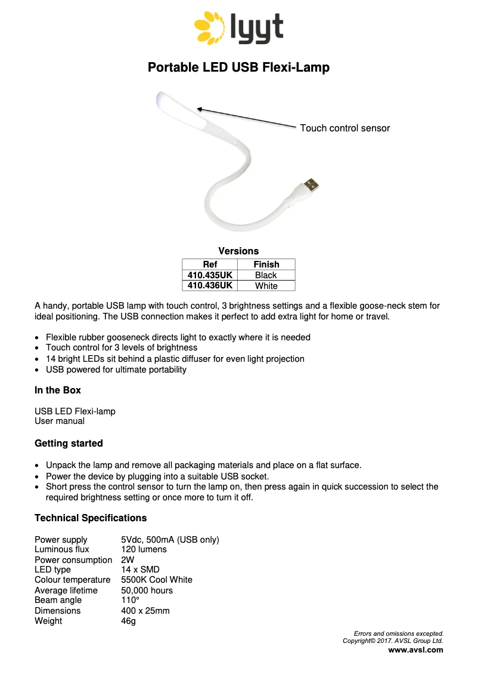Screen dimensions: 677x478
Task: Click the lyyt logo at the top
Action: tap(238, 29)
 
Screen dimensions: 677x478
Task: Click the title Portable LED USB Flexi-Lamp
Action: tap(238, 67)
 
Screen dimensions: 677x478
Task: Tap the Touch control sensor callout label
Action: tap(344, 128)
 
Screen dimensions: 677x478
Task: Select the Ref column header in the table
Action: tap(210, 264)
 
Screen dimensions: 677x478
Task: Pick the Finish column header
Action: tap(266, 264)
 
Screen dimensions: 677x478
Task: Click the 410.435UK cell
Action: tap(210, 275)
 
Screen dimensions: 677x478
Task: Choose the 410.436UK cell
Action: tap(210, 286)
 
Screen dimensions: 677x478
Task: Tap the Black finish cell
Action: tap(266, 275)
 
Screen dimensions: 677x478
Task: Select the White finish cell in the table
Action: tap(266, 286)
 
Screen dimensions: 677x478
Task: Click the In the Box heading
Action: tap(58, 390)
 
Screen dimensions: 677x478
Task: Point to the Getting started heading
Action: tap(69, 444)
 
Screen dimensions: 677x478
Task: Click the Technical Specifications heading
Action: tap(91, 518)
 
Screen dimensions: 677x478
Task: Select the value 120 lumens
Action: tap(144, 549)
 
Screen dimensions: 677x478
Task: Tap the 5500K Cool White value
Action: tap(157, 580)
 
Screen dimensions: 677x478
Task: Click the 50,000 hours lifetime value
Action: tap(147, 590)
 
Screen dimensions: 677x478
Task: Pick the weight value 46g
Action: tap(128, 621)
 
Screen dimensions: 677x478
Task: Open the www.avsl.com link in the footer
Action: tap(415, 650)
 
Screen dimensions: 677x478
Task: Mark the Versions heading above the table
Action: tap(238, 251)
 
